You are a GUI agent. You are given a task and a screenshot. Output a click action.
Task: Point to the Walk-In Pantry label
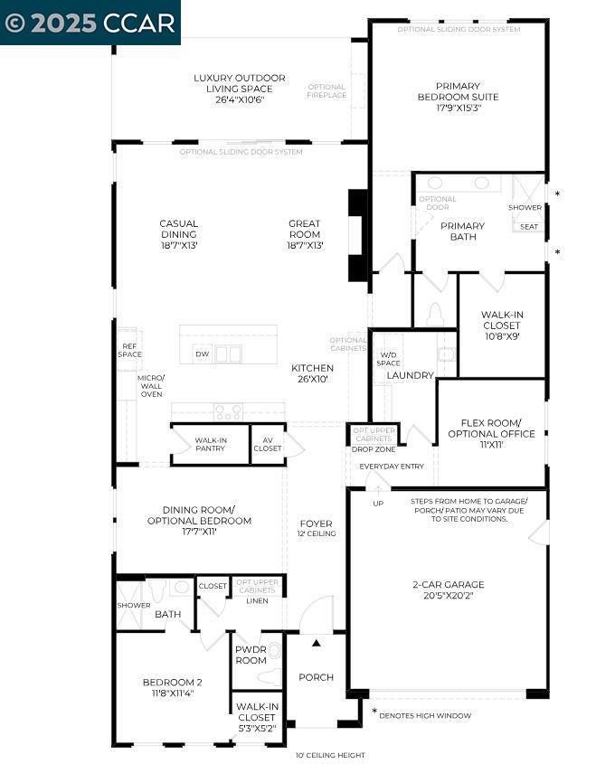[x=210, y=444]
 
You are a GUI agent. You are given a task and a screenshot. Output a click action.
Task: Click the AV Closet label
[x=267, y=444]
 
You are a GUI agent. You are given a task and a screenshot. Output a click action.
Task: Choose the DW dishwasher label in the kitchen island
[x=202, y=354]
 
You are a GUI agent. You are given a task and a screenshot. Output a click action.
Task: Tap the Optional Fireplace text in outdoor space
[x=326, y=91]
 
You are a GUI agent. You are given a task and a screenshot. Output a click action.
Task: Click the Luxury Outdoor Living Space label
[x=240, y=83]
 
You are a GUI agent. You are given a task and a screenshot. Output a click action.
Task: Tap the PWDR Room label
[x=251, y=655]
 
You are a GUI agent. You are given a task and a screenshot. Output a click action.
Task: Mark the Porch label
[x=316, y=677]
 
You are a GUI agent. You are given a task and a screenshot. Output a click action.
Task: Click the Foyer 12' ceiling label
[x=316, y=528]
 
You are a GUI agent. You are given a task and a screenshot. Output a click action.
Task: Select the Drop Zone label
[x=373, y=449]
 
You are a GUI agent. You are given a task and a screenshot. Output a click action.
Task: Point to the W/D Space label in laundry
[x=389, y=359]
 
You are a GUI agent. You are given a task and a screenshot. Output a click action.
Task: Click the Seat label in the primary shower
[x=529, y=227]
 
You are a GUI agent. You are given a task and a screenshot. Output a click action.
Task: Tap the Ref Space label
[x=128, y=349]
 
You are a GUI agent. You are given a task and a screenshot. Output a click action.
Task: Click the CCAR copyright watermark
[x=90, y=23]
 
